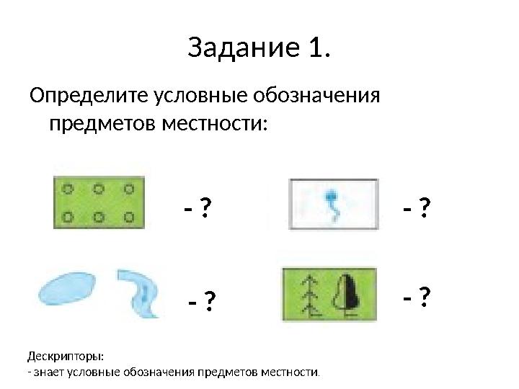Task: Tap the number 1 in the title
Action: (315, 49)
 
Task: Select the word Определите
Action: (87, 97)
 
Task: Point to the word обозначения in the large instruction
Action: (318, 97)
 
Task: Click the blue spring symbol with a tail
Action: (332, 202)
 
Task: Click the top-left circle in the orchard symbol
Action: (68, 189)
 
